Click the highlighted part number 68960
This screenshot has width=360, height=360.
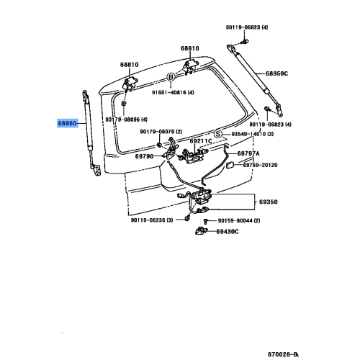69,123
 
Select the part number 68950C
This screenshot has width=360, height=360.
276,73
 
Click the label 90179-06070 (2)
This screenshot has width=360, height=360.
161,132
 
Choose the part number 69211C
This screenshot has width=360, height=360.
201,141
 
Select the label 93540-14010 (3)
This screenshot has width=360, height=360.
260,134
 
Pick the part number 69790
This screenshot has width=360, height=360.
145,156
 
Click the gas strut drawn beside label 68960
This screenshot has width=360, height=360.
89,133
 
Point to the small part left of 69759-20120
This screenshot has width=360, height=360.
229,166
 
